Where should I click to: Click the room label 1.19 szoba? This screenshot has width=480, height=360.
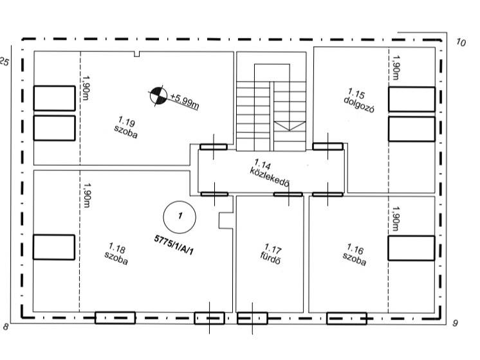(126, 127)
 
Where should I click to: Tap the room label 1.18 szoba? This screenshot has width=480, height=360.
(116, 254)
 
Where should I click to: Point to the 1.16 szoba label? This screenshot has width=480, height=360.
(355, 255)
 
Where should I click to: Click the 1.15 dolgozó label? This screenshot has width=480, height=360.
(358, 101)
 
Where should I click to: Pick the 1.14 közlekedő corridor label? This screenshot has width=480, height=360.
(270, 173)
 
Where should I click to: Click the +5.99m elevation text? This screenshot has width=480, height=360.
(184, 101)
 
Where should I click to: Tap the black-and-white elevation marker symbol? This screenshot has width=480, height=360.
(158, 96)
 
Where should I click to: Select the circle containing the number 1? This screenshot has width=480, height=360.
(180, 217)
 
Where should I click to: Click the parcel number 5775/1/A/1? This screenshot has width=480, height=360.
(174, 245)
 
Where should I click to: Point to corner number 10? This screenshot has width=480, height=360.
(461, 42)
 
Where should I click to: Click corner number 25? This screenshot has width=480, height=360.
(5, 62)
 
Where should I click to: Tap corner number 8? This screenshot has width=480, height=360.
(6, 327)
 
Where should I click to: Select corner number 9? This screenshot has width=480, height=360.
(455, 323)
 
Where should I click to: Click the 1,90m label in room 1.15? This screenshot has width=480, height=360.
(396, 67)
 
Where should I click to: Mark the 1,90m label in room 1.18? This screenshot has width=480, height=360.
(86, 195)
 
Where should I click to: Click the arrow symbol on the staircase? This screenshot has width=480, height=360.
(290, 126)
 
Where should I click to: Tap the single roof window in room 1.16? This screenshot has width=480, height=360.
(411, 248)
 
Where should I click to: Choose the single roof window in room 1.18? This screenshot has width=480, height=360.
(54, 247)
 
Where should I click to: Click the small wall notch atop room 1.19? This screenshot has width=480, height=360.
(137, 54)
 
